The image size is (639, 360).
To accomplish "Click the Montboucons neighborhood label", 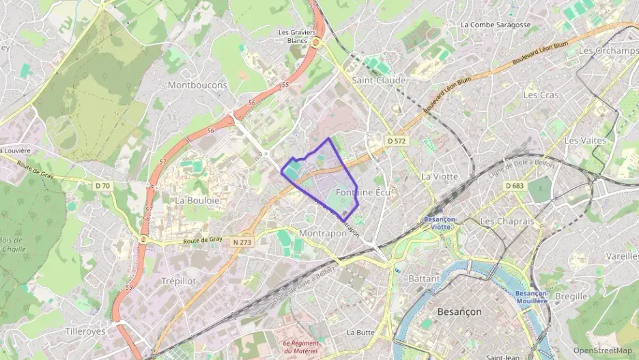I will [x=197, y=85].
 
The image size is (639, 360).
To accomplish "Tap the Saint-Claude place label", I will [x=379, y=80].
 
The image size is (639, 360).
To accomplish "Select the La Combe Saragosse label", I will [x=496, y=25].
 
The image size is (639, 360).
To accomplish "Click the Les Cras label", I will [x=541, y=95].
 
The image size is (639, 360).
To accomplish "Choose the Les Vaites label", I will [x=585, y=140].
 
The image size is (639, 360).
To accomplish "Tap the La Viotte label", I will [x=440, y=176].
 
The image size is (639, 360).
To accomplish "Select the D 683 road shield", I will [x=514, y=186].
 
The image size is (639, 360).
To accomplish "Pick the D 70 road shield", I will [x=102, y=185].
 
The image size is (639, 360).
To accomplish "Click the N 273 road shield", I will [x=242, y=241].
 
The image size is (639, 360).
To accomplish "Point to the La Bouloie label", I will [x=197, y=200].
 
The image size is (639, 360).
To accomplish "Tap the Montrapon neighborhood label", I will [x=323, y=233].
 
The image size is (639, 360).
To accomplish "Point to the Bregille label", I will [x=571, y=296].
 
